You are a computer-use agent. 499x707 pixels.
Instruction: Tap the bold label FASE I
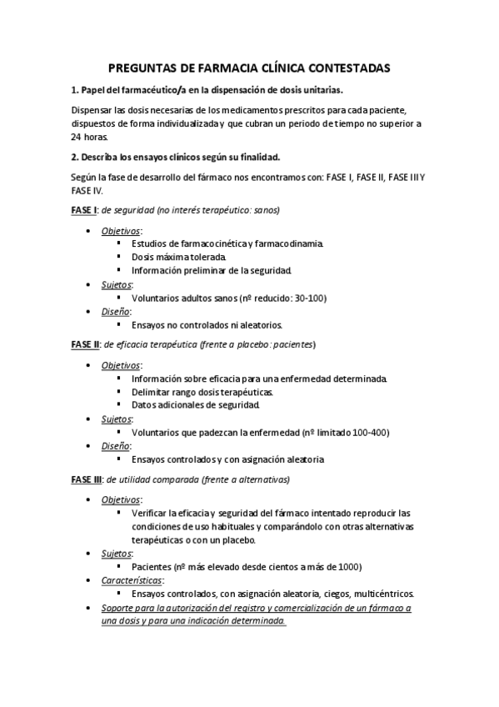(84, 208)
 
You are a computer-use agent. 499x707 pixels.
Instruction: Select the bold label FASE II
(86, 344)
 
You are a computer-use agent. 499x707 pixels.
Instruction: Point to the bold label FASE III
(87, 479)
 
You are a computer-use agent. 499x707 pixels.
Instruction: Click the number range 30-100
(309, 297)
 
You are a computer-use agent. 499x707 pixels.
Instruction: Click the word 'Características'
(132, 580)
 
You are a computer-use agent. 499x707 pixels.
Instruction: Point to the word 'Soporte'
(120, 609)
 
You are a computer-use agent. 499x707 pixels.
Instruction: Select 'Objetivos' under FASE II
(121, 364)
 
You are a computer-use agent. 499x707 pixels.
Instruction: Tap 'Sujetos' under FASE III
(117, 553)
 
